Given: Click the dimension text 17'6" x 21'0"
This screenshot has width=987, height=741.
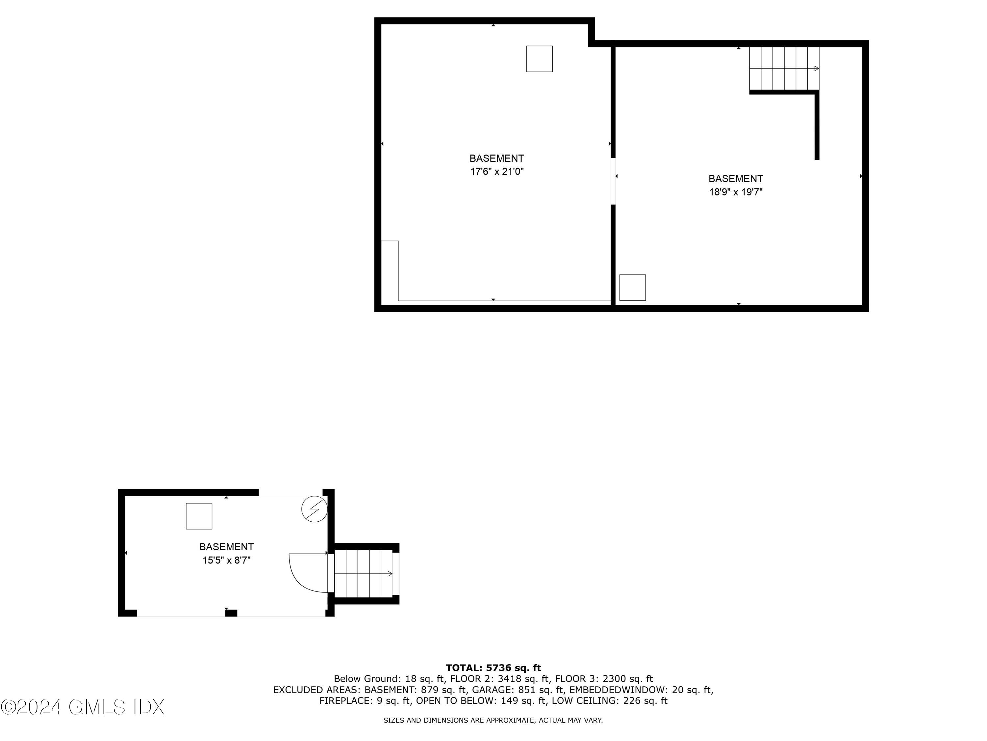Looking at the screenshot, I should tap(496, 172).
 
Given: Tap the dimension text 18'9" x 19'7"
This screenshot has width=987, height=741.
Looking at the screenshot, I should tap(736, 192).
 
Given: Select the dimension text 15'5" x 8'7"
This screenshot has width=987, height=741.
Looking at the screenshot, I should tap(227, 560).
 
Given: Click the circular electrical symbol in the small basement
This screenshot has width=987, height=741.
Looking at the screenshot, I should tap(314, 509).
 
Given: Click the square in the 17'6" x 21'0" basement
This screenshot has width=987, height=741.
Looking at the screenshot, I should tap(540, 59).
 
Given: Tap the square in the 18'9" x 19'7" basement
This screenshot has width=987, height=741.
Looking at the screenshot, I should tap(633, 288).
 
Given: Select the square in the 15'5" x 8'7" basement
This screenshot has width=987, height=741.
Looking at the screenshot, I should tap(199, 516).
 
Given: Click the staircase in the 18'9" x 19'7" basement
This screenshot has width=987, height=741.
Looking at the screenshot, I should tap(784, 69).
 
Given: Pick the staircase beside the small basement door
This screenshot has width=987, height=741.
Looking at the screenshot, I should tap(363, 573).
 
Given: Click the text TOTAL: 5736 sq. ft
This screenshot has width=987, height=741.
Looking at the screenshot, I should tap(493, 668).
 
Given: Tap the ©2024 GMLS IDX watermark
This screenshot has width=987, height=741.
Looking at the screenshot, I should tap(83, 707).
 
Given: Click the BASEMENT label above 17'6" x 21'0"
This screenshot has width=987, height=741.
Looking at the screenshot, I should tap(496, 158).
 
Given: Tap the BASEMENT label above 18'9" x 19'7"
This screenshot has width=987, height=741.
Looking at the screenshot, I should tap(736, 178).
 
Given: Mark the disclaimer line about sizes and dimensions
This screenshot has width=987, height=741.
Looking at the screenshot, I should tap(493, 720).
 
